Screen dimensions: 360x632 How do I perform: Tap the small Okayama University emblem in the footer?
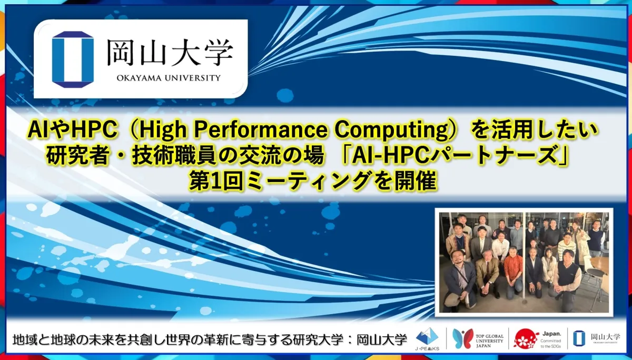tap(578, 339)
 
